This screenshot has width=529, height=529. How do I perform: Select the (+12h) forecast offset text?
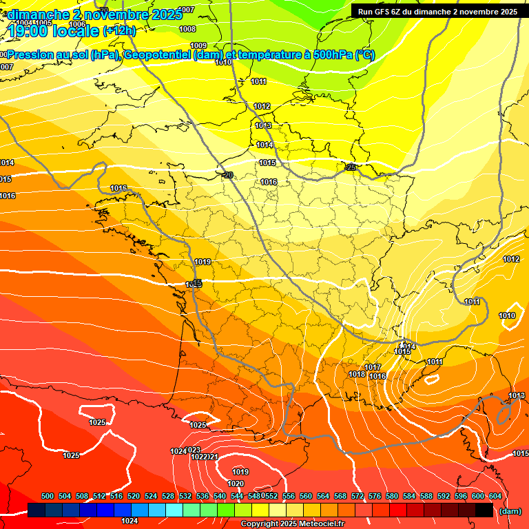[x=119, y=30]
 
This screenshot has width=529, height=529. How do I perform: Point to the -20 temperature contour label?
[x=227, y=175]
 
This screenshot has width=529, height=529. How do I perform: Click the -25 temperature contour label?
[x=350, y=167]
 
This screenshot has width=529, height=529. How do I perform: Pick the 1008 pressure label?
[x=187, y=29]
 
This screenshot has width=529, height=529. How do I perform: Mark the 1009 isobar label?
[x=198, y=45]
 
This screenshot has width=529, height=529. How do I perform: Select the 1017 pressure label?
[x=373, y=367]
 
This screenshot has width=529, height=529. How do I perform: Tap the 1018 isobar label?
[x=357, y=374]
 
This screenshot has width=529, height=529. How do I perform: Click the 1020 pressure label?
[x=236, y=484]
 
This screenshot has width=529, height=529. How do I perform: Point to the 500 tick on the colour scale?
[x=48, y=496]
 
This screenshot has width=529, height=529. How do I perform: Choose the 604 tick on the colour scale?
[x=495, y=496]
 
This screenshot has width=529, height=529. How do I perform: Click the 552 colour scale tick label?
[x=271, y=496]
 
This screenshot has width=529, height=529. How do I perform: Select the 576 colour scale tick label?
[x=374, y=496]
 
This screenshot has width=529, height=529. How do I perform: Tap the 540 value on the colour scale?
[x=220, y=496]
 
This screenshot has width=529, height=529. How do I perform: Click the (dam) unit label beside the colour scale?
[x=509, y=510]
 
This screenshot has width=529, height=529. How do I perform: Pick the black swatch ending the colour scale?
[x=484, y=510]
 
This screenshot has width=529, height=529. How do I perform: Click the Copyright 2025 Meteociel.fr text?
[x=292, y=523]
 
